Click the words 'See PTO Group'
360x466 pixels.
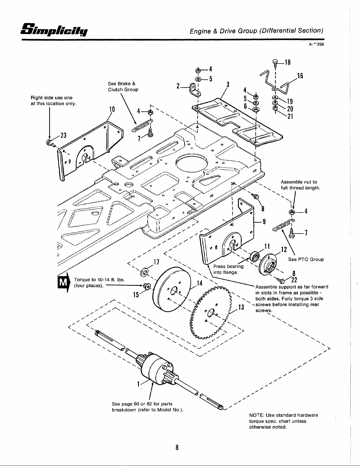tap(306, 259)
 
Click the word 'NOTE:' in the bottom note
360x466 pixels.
tap(256, 415)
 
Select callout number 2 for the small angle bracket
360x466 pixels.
tap(178, 86)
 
